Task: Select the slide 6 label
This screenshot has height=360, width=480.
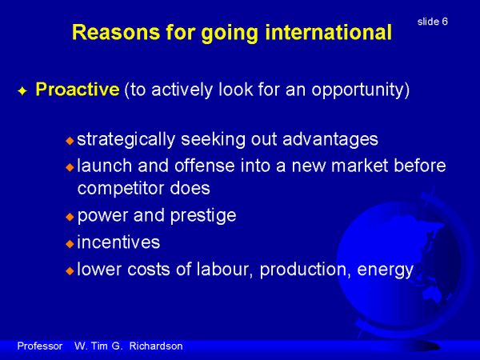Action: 433,22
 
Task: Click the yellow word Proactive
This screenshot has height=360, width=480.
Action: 78,90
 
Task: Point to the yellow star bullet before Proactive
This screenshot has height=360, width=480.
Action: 22,91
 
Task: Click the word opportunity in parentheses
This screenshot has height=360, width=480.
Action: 358,91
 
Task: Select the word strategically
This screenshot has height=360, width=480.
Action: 126,139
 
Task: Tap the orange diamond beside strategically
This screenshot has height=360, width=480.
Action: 70,141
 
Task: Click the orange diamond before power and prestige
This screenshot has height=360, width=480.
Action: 70,217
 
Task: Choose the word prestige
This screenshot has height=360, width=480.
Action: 203,216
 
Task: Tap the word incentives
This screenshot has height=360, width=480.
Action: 118,242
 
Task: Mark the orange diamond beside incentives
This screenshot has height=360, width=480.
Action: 70,244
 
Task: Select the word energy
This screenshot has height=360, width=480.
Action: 386,270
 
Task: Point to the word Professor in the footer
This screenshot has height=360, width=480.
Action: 40,346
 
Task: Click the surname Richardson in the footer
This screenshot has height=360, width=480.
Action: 156,346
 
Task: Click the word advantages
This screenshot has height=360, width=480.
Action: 330,139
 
